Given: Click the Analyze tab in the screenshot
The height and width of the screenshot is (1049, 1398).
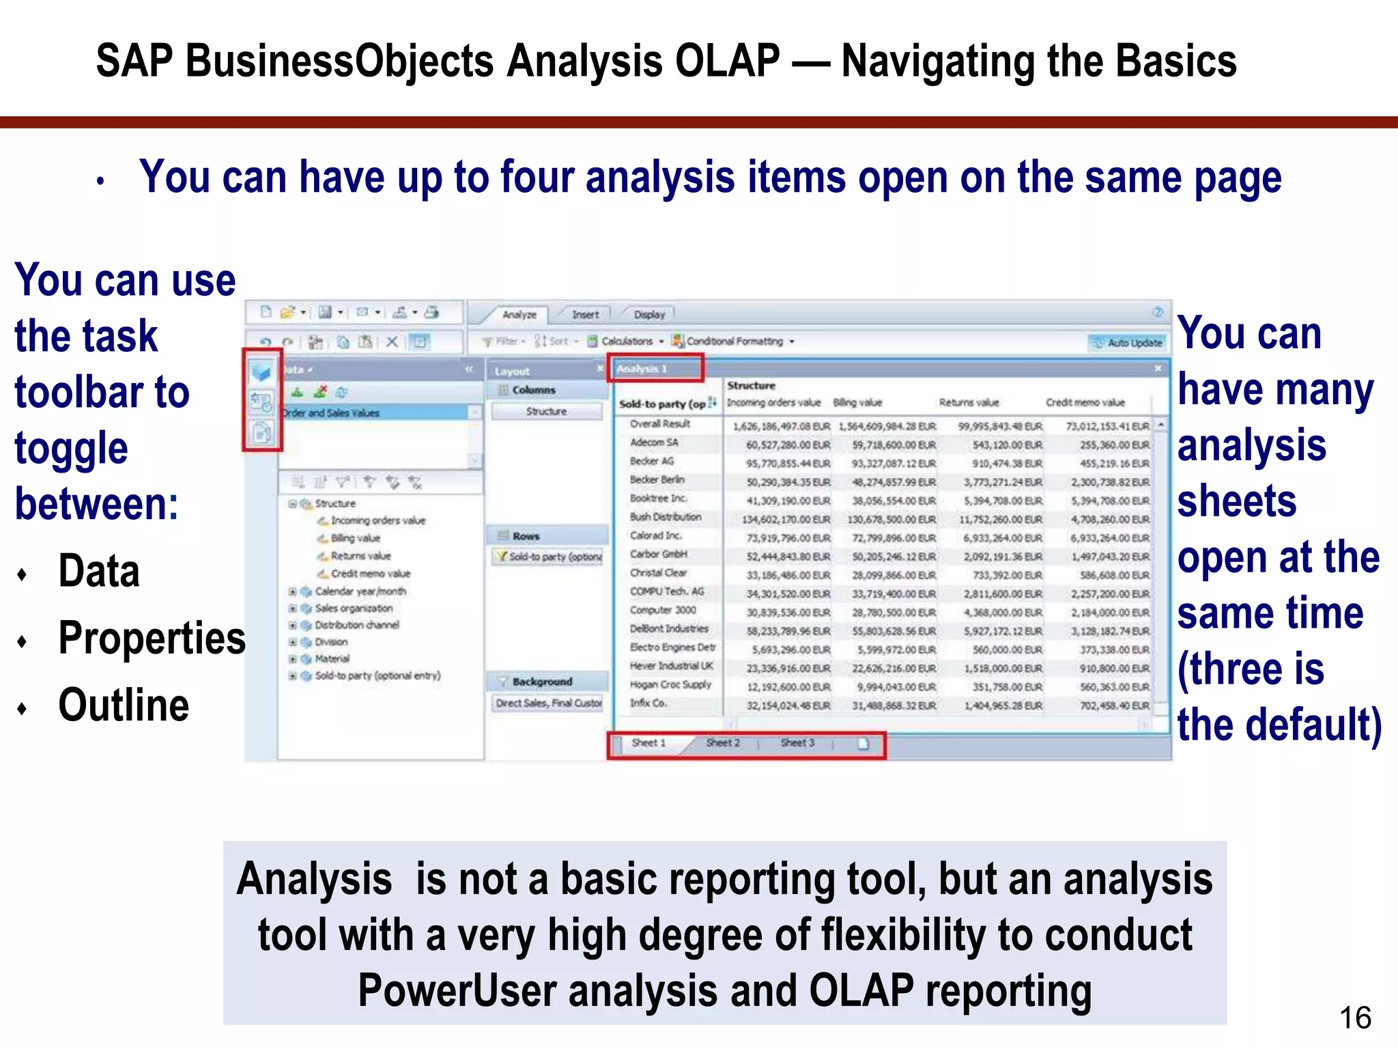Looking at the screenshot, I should click(x=519, y=315).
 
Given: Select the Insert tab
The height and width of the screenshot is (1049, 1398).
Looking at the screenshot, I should click(x=585, y=315).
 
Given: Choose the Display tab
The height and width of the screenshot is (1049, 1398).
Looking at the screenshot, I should click(x=649, y=315).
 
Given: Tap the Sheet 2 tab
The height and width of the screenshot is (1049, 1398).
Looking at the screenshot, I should click(x=723, y=743).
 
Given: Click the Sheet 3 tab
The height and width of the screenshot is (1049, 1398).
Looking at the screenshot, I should click(x=797, y=743).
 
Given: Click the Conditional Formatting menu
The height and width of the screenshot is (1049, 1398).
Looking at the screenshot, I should click(x=734, y=341).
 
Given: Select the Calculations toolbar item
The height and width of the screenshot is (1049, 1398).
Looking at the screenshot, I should click(x=626, y=341).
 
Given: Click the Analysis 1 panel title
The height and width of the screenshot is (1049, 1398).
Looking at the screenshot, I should click(x=642, y=369).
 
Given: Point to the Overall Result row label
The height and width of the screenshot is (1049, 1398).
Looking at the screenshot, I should click(x=659, y=424).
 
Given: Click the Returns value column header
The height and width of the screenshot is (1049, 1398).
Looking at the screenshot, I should click(x=969, y=403).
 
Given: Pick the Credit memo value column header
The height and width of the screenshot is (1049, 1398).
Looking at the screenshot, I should click(x=1085, y=403).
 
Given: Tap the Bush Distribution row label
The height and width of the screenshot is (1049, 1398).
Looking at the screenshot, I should click(x=665, y=517).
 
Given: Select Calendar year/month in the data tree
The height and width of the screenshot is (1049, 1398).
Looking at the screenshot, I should click(x=360, y=591).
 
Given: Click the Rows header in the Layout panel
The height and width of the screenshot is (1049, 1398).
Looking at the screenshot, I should click(x=526, y=536).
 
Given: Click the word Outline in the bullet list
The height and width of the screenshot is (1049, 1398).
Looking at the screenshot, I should click(x=124, y=705).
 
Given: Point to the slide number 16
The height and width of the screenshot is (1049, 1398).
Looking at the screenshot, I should click(x=1355, y=1018).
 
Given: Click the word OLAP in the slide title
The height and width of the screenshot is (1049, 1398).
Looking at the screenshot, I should click(x=727, y=61).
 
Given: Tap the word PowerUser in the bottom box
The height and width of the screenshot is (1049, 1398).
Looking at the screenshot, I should click(x=457, y=991).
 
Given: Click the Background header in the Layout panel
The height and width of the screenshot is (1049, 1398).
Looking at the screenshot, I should click(x=542, y=682).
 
